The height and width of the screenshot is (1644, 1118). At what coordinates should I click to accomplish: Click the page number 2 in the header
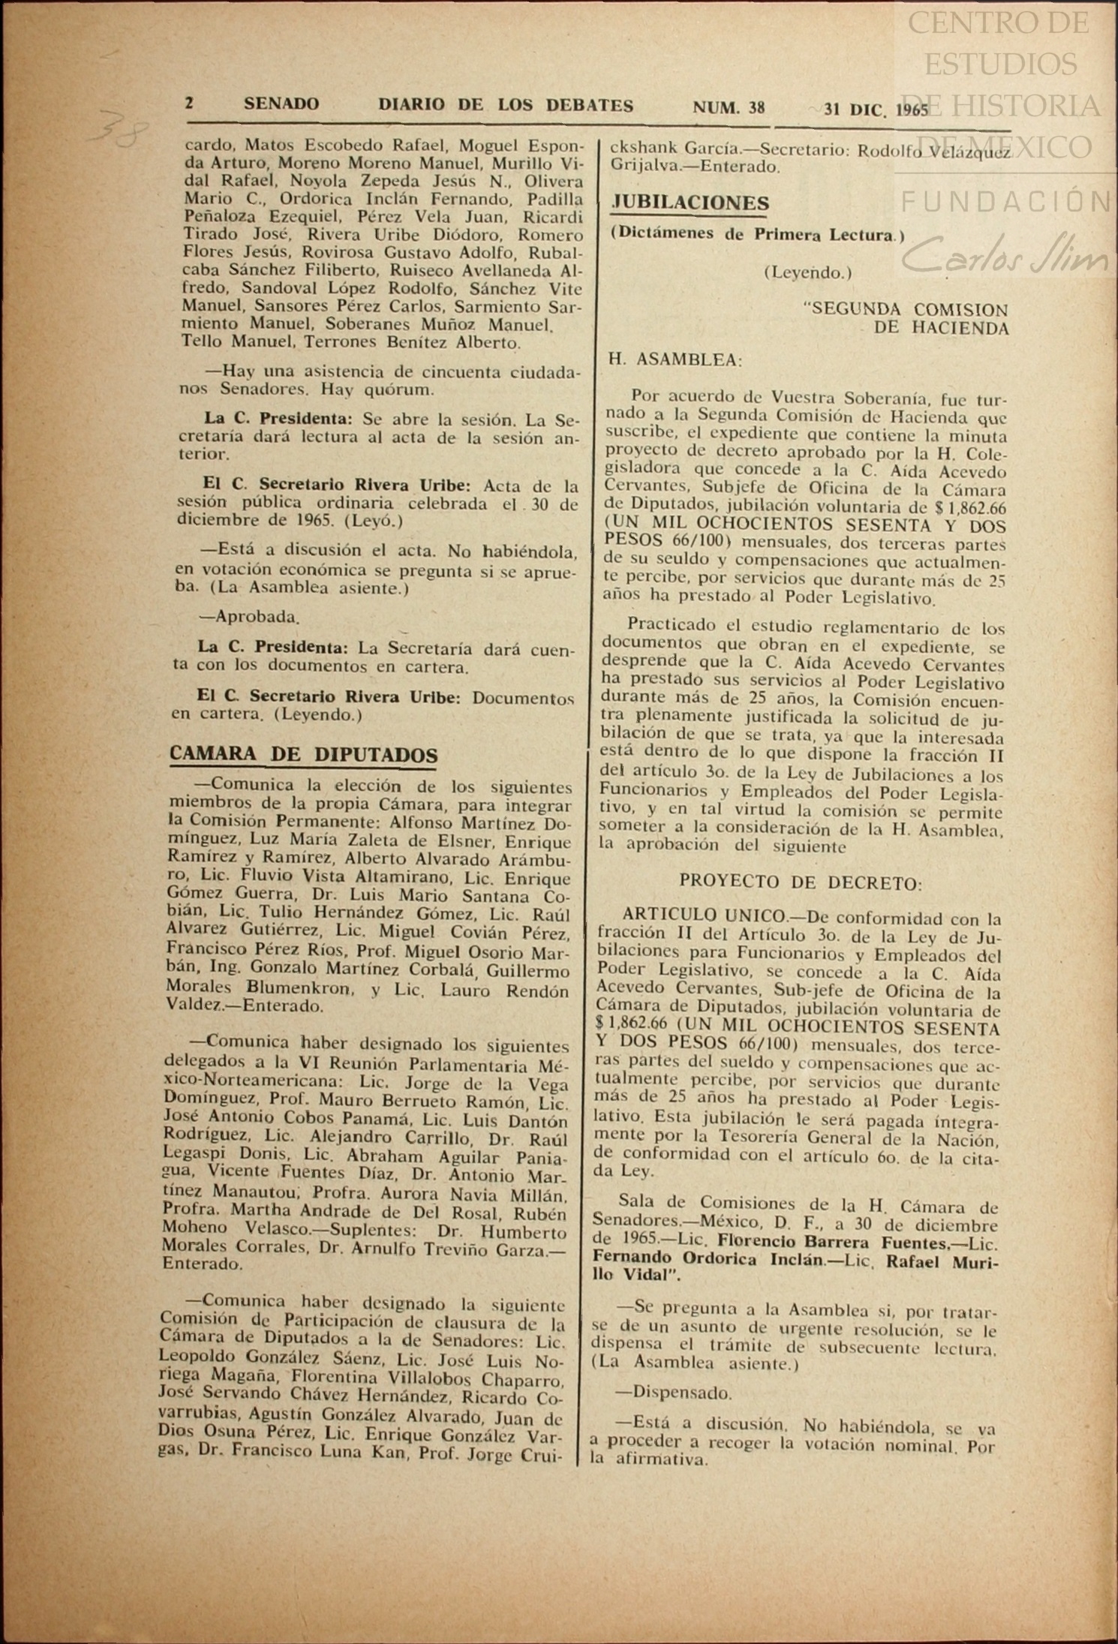coord(190,104)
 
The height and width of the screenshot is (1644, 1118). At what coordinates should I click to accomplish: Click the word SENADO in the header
coord(281,104)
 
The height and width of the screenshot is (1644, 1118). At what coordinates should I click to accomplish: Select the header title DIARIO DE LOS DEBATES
coord(506,106)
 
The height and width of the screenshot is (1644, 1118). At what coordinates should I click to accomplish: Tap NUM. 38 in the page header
coord(728,107)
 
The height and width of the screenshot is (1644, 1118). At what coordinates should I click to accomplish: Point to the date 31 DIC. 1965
coord(875,110)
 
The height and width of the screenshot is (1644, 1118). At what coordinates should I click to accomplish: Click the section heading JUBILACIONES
coord(690,203)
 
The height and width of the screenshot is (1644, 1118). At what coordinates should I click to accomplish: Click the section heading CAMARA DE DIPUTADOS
coord(304,754)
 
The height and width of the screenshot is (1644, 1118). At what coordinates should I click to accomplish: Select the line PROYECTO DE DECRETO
coord(801,883)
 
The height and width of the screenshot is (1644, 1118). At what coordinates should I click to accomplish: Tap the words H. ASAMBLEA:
coord(675,359)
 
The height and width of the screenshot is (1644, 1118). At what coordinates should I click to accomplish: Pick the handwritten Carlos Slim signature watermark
coord(1005,256)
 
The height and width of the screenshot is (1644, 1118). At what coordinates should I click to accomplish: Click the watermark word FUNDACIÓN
coord(1005,201)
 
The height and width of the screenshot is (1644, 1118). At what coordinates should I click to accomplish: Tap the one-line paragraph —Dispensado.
coord(672,1393)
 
